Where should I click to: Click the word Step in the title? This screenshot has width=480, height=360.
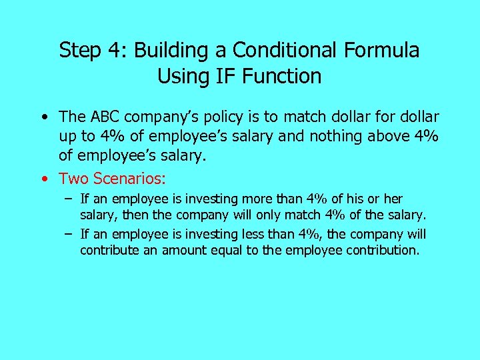(79, 51)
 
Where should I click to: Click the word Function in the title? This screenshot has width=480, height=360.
(282, 77)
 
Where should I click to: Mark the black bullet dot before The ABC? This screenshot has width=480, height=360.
(43, 117)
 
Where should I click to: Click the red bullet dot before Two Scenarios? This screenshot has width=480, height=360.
(43, 179)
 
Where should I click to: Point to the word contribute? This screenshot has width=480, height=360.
(105, 250)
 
